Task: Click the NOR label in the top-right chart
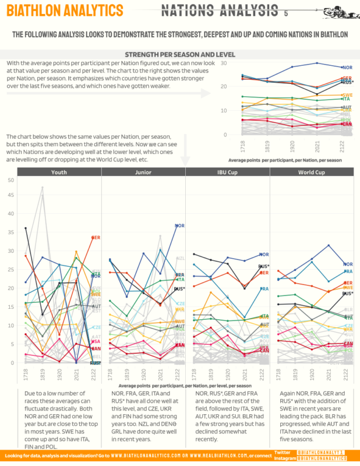[347, 68]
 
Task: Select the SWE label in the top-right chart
[347, 95]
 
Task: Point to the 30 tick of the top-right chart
[224, 62]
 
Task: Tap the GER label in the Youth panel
[96, 238]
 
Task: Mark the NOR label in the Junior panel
[180, 225]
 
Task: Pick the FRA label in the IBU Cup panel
[264, 289]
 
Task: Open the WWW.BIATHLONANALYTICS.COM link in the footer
[146, 455]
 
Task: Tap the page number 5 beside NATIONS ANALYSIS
[286, 13]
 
